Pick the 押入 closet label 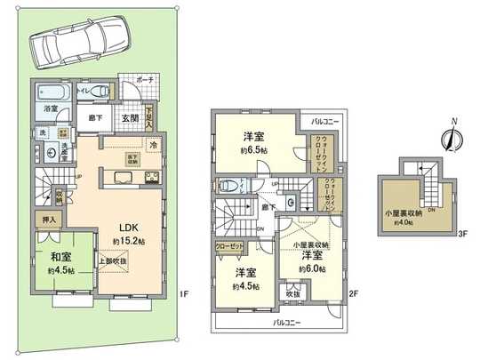[51, 220]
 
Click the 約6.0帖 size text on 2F [312, 268]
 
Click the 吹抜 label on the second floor [293, 292]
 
